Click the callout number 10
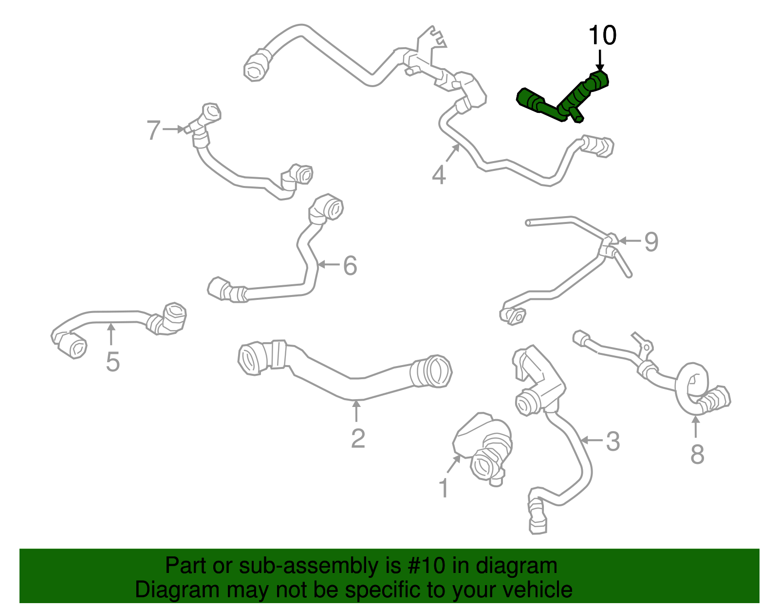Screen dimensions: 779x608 602,35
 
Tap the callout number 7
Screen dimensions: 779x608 153,129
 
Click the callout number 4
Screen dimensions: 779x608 439,175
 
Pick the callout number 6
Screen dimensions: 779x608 350,265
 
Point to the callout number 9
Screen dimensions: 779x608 651,241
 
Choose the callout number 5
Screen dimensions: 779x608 112,362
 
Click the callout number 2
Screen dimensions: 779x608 358,438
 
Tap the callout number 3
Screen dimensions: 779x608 613,441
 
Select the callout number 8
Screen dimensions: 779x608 697,454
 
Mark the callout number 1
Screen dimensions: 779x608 444,488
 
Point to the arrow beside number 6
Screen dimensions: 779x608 329,265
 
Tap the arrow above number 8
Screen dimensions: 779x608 695,427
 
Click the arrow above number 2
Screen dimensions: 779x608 356,411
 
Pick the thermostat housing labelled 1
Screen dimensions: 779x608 482,448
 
